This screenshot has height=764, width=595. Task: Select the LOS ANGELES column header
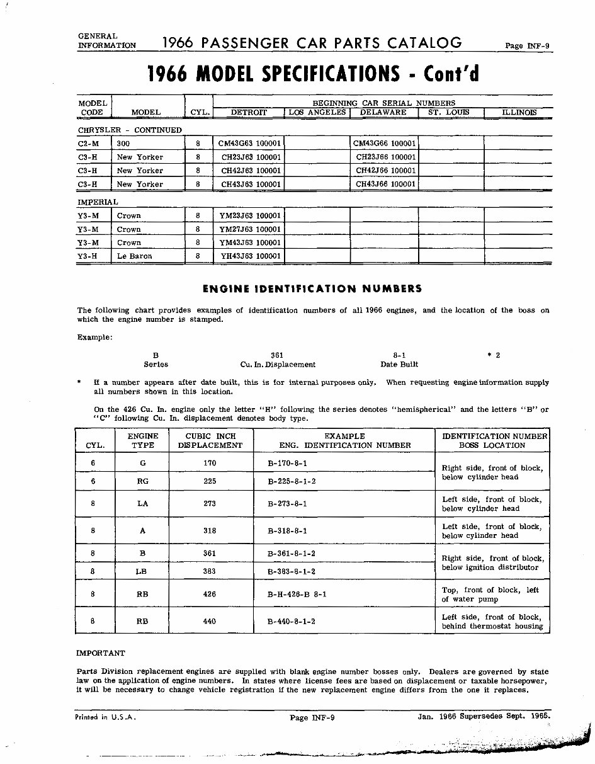(317, 112)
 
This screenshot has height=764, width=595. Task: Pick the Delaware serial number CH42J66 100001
(386, 171)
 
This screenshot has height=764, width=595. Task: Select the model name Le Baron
(134, 256)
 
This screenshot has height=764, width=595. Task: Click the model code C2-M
(89, 144)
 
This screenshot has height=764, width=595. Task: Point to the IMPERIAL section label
(98, 202)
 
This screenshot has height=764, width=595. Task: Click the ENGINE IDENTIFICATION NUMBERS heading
(312, 289)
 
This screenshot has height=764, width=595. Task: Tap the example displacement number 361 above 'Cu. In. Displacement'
(277, 355)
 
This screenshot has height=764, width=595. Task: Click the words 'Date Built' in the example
(399, 365)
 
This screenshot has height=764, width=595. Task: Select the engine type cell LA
(142, 504)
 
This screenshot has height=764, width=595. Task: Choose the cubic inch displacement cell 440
(210, 621)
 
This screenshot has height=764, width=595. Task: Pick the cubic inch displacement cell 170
(210, 463)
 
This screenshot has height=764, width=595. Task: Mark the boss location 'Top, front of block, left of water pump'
(490, 595)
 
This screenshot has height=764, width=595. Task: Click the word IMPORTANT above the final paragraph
(101, 653)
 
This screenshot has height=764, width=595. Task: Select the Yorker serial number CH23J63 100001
(251, 157)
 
